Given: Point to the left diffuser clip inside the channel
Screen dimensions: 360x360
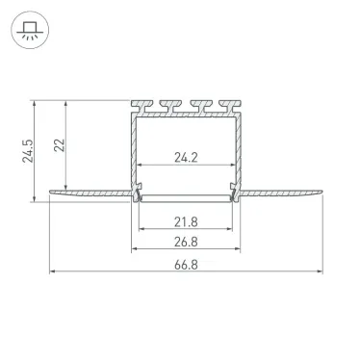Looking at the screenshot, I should (139, 195).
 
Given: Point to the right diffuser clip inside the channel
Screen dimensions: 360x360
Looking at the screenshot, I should (233, 195).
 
